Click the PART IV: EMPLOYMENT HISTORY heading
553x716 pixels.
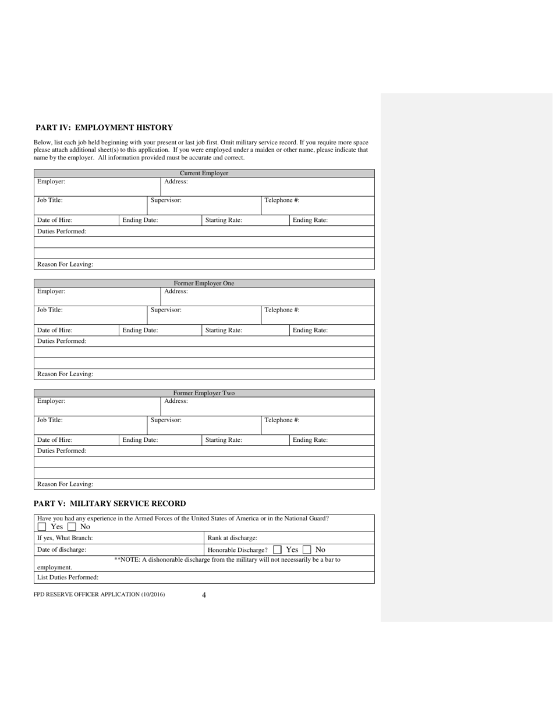tap(104, 127)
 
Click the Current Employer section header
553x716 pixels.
tap(204, 173)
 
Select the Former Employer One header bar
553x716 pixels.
tap(204, 283)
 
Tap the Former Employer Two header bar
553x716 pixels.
tap(204, 394)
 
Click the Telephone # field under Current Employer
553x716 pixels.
tap(317, 204)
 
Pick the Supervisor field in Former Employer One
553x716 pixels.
tap(204, 314)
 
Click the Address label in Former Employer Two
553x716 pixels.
tap(176, 401)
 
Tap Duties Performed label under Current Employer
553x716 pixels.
tap(62, 231)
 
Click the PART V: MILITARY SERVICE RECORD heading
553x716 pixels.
tap(110, 504)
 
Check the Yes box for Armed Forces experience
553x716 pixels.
tap(42, 527)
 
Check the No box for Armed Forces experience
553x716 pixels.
tap(72, 527)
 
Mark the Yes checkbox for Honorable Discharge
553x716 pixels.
tap(277, 550)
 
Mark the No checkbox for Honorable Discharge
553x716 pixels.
tap(307, 550)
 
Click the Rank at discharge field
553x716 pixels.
tap(289, 538)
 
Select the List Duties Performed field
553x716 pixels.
tap(204, 577)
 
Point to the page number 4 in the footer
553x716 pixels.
tap(204, 595)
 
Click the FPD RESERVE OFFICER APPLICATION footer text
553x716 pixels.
tap(99, 594)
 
